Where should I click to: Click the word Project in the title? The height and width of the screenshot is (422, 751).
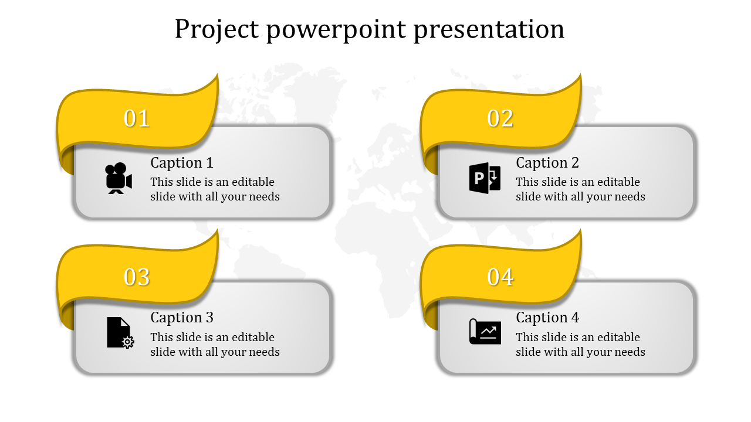(216, 30)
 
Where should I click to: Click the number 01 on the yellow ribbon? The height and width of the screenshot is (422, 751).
(137, 118)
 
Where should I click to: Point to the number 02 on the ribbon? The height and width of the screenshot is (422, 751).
(500, 118)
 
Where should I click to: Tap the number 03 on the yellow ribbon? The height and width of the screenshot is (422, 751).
(137, 277)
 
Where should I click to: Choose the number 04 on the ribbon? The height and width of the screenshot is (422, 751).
(500, 277)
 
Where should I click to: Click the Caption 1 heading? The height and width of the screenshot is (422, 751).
(182, 163)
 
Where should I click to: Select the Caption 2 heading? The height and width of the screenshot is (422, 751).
(547, 163)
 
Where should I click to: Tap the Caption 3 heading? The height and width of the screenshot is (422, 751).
(182, 318)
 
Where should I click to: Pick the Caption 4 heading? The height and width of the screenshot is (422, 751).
(547, 318)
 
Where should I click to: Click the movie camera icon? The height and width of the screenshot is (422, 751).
(119, 178)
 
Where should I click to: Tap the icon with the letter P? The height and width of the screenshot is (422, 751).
(485, 178)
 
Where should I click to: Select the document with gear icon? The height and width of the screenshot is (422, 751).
(120, 332)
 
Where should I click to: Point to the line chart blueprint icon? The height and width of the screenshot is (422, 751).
(485, 332)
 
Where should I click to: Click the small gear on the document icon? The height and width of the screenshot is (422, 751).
(128, 342)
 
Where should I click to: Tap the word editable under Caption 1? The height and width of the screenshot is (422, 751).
(253, 182)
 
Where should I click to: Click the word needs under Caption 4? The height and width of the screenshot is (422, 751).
(630, 352)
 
